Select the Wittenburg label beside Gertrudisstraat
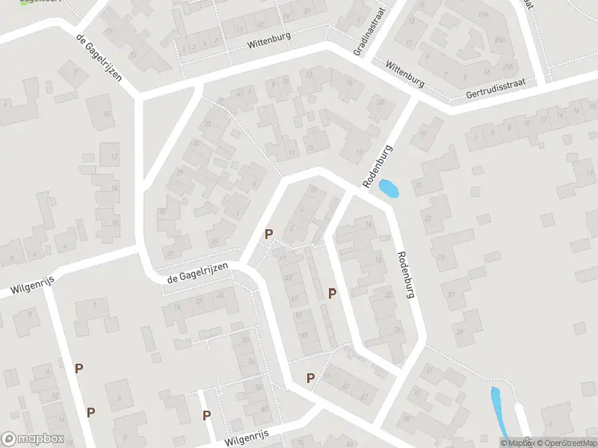pos(404,75)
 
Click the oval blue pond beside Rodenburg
pos(389,190)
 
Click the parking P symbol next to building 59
pos(310,379)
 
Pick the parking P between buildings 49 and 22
pos(332,294)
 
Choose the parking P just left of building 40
pos(206,416)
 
